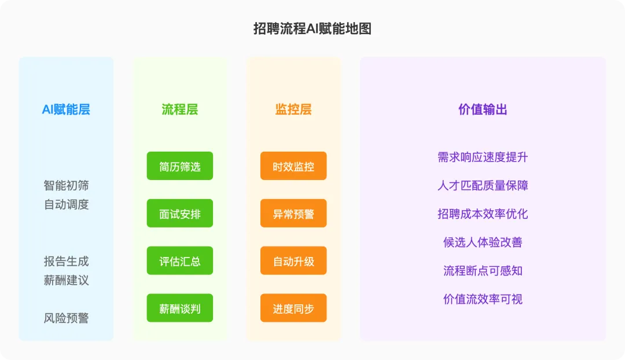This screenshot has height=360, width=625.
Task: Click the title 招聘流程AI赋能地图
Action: click(x=312, y=28)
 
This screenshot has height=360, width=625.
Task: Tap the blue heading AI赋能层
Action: click(x=66, y=109)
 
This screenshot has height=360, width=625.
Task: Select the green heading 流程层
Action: click(x=179, y=109)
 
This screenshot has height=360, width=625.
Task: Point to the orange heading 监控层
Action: click(x=293, y=109)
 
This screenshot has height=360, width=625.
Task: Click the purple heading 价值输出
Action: click(x=483, y=109)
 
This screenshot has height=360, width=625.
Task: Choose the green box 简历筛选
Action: click(x=179, y=166)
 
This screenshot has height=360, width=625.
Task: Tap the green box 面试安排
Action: click(x=179, y=214)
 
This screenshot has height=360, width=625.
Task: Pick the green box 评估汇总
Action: click(x=179, y=261)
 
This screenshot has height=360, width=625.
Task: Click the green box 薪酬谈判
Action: click(x=179, y=308)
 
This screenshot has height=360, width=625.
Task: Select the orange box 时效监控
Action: click(x=293, y=166)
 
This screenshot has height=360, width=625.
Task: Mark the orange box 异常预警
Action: click(x=293, y=214)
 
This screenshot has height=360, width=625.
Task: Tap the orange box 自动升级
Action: click(x=293, y=261)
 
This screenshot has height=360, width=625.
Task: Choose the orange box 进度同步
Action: click(x=293, y=308)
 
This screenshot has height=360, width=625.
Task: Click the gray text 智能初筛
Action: click(x=66, y=186)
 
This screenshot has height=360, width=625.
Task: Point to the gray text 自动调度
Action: click(x=66, y=204)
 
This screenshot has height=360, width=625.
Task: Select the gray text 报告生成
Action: click(x=66, y=261)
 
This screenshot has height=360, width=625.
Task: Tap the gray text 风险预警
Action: click(x=66, y=318)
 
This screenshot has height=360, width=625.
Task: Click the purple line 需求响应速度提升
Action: click(x=483, y=157)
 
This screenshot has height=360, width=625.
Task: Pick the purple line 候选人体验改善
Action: click(x=483, y=242)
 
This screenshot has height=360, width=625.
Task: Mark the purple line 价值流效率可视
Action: click(x=483, y=299)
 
